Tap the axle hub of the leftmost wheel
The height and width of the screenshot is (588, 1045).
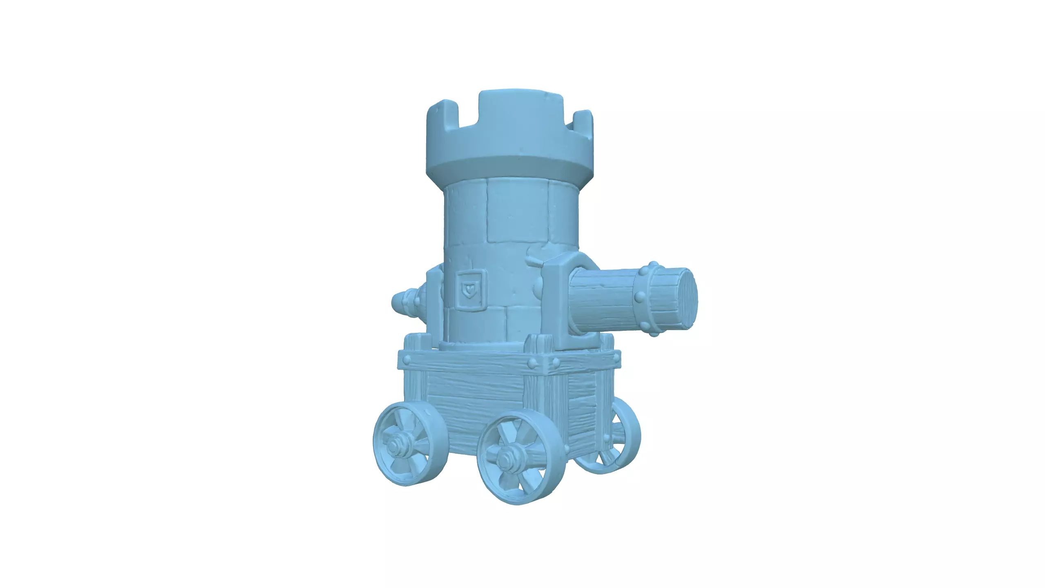coord(395,447)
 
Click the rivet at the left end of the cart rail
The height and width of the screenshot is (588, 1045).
coord(406,362)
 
